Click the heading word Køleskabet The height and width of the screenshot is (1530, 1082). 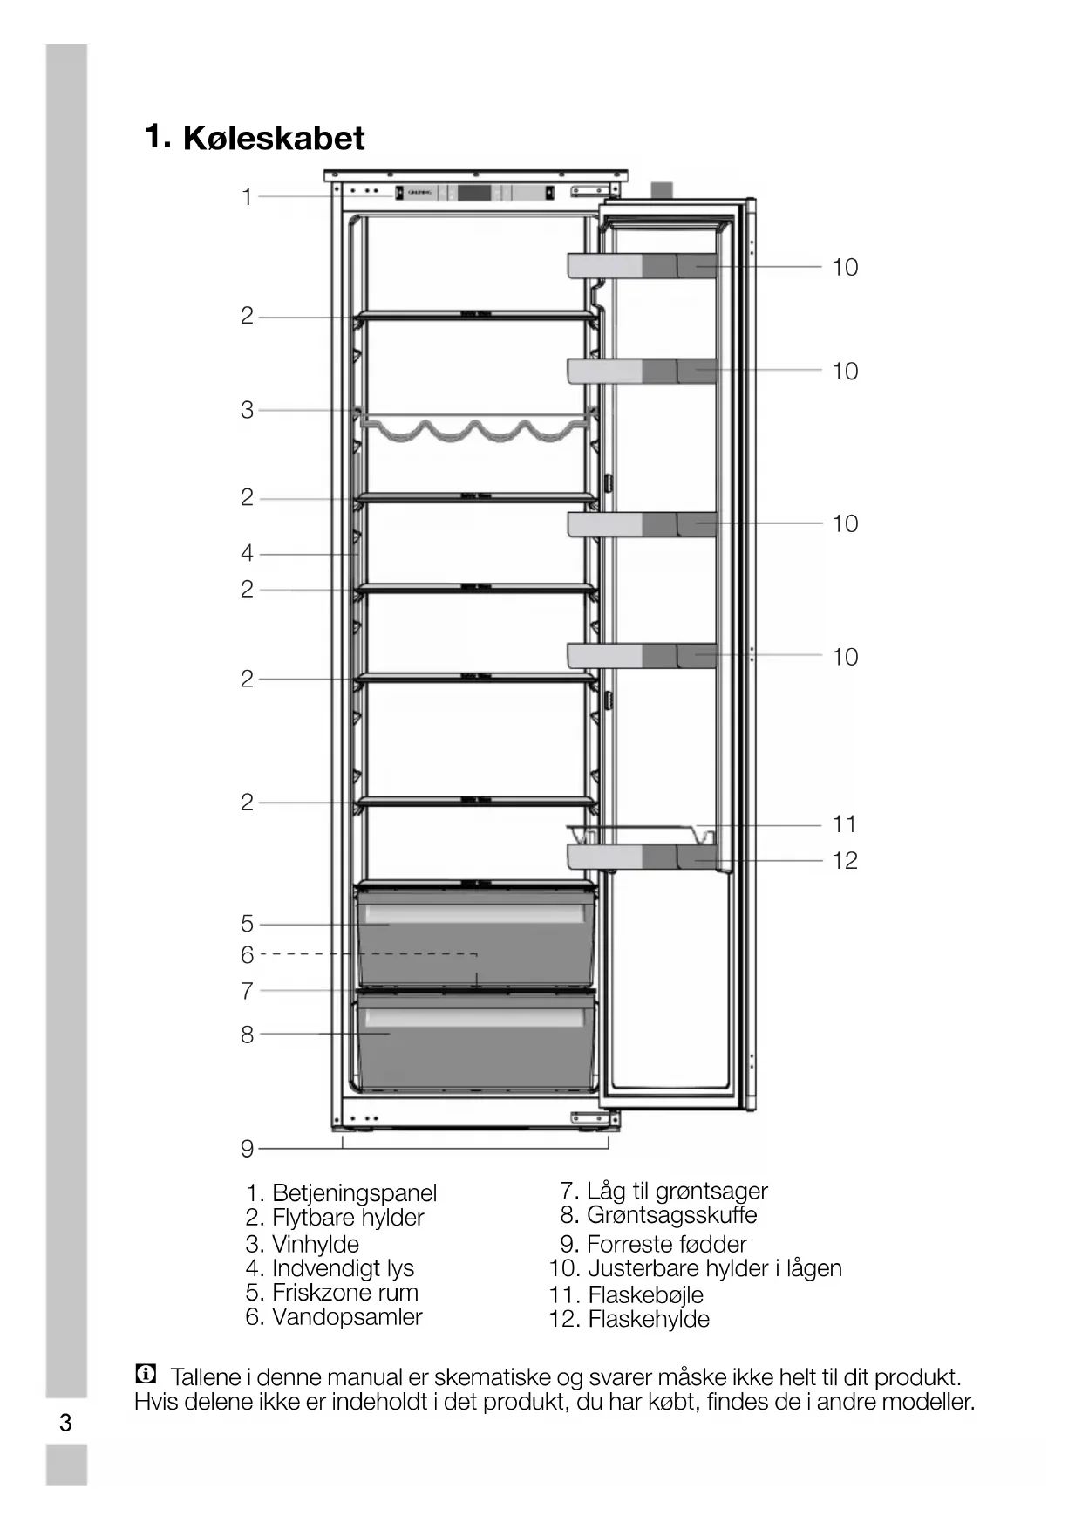click(274, 139)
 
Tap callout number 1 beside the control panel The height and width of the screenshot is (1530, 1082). click(247, 197)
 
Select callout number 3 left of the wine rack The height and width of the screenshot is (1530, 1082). click(247, 410)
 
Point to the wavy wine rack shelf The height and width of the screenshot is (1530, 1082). click(475, 430)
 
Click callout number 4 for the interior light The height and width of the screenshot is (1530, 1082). click(247, 553)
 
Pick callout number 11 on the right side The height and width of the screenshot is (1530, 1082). click(844, 824)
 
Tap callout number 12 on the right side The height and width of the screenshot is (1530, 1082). click(844, 861)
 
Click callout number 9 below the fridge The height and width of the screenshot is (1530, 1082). click(247, 1149)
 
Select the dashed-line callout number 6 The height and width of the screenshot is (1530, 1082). click(247, 955)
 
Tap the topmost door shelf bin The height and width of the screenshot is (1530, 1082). click(642, 266)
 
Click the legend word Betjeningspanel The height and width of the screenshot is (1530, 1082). click(354, 1193)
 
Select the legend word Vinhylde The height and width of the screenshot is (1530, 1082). click(315, 1244)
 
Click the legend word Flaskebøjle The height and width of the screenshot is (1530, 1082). click(645, 1295)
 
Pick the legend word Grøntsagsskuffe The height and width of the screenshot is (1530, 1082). click(671, 1215)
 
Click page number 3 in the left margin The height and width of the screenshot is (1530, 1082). click(65, 1424)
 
